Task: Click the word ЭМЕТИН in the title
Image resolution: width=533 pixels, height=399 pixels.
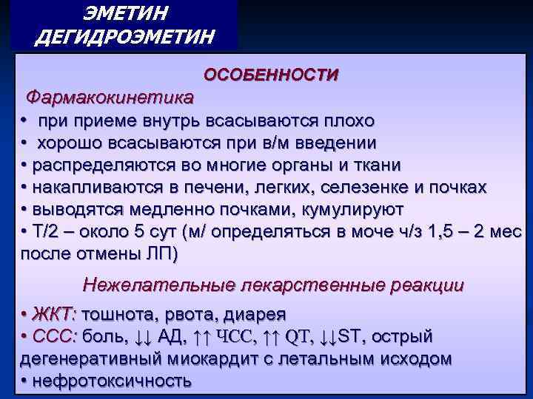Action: click(x=125, y=13)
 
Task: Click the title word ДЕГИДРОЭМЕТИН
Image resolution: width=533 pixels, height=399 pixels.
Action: click(x=125, y=36)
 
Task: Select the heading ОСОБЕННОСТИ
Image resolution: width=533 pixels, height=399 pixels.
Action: click(x=271, y=75)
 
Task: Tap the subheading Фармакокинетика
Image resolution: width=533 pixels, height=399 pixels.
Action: click(x=110, y=97)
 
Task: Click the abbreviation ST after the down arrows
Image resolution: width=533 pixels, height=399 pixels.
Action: click(x=352, y=337)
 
